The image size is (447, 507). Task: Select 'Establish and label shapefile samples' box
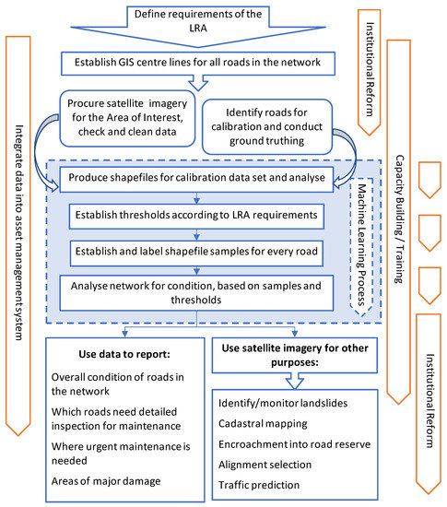(197, 251)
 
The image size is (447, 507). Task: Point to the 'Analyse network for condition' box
(197, 292)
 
